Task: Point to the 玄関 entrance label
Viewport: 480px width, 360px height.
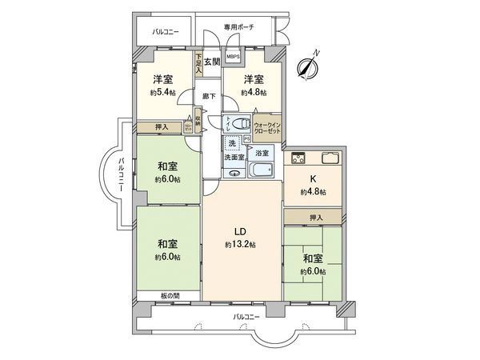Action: tap(211, 61)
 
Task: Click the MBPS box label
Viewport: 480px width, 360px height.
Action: tap(232, 58)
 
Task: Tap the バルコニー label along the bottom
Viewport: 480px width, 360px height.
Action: tap(246, 318)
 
